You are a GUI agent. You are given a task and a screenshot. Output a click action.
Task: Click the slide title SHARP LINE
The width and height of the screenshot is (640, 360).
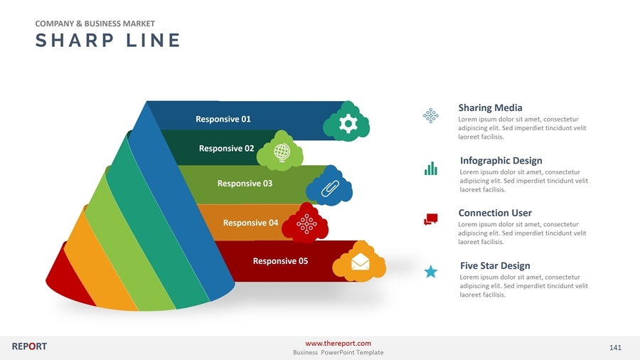(x=107, y=41)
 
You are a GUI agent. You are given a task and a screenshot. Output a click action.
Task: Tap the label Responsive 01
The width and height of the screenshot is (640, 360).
(x=223, y=119)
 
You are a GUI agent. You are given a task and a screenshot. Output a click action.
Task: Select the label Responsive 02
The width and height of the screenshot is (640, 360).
(x=226, y=149)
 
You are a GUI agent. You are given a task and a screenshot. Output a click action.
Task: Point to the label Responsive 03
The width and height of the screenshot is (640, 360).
(x=245, y=184)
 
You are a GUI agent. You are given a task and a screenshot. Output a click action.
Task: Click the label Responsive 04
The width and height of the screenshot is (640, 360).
(x=250, y=223)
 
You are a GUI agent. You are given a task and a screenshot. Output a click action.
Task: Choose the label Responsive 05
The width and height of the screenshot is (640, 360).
(x=280, y=261)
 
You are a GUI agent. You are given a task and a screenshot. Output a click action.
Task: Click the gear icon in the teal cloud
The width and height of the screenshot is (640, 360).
(x=347, y=124)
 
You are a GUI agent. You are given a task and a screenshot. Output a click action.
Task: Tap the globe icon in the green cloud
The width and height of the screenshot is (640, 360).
(x=281, y=152)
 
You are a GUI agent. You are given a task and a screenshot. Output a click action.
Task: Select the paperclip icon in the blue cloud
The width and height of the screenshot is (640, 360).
(x=329, y=188)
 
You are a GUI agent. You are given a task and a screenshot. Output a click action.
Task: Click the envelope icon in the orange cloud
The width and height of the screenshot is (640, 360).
(x=360, y=263)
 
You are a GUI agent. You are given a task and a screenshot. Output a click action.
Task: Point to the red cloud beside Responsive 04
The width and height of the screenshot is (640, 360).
(x=306, y=224)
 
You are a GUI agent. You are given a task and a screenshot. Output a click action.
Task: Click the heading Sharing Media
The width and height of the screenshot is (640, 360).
(x=490, y=108)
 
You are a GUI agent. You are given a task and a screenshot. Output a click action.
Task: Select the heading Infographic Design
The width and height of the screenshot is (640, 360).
(x=501, y=161)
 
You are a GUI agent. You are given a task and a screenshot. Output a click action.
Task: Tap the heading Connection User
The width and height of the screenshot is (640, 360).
(x=494, y=213)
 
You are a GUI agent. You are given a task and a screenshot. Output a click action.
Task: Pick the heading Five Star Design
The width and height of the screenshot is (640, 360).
(x=495, y=266)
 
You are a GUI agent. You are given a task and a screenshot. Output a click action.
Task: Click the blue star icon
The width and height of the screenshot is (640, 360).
(x=430, y=271)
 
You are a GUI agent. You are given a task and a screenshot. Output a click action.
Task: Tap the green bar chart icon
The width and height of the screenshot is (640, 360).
(x=430, y=168)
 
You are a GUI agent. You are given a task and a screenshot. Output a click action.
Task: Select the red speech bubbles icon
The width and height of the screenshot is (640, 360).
(x=430, y=219)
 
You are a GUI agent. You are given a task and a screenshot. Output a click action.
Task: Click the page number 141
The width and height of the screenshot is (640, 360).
(x=615, y=347)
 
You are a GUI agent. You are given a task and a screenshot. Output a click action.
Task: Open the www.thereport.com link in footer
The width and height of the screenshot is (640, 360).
(x=338, y=344)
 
